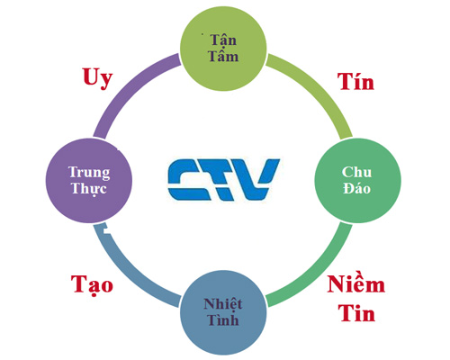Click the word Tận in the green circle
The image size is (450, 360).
[x=223, y=40]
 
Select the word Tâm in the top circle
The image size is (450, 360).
[x=223, y=56]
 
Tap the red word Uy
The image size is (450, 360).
[x=97, y=78]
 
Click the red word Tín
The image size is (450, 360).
[x=355, y=81]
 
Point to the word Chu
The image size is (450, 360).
[x=356, y=172]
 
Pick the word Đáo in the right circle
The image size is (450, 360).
[x=356, y=188]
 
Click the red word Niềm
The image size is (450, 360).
[x=356, y=283]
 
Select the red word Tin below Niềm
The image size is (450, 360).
[x=356, y=312]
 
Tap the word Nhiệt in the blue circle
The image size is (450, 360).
[x=223, y=303]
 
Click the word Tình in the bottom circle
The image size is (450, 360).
[x=223, y=319]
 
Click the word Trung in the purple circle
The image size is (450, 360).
[x=89, y=173]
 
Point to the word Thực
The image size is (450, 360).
[x=89, y=189]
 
